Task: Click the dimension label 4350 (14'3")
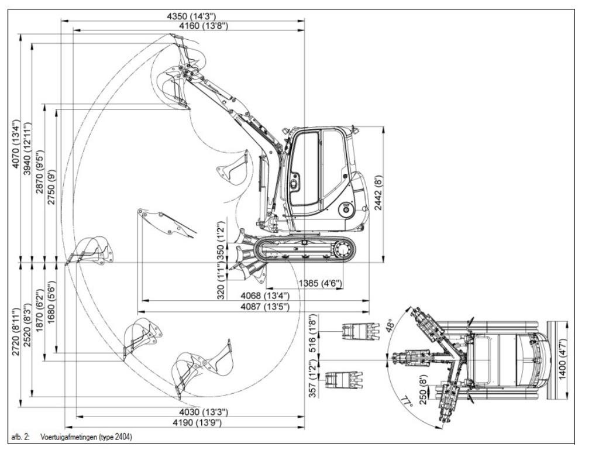191,16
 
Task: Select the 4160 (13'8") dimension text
204,26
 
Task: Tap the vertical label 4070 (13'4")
15,145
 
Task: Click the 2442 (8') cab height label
378,193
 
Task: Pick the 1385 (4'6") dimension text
320,284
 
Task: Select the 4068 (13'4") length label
265,295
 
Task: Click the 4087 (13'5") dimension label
265,307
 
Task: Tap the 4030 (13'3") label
204,412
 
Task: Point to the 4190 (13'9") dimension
197,422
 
